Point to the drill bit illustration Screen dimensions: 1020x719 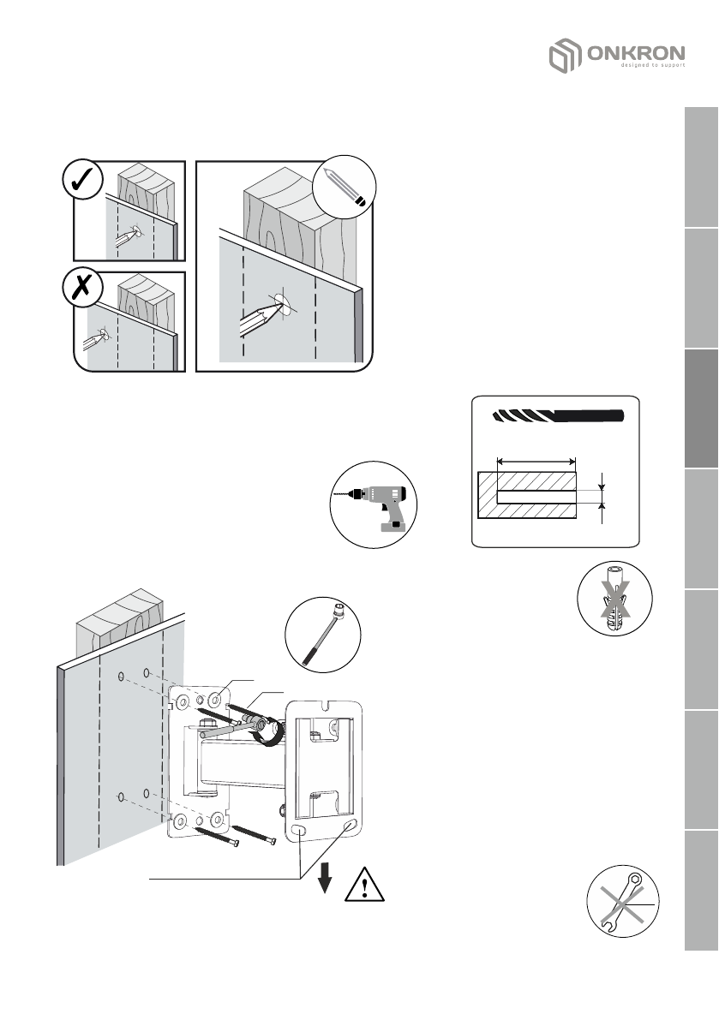click(556, 417)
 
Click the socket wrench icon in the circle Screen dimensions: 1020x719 click(323, 635)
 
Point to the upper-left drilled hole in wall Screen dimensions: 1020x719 click(122, 676)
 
